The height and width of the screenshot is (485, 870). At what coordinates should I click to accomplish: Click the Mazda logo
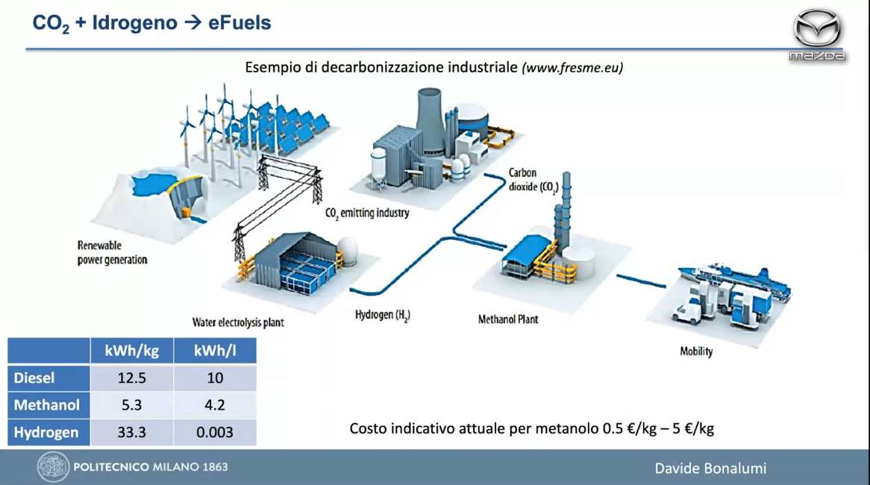(x=817, y=34)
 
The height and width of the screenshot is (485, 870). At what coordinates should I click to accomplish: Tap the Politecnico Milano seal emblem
(x=53, y=466)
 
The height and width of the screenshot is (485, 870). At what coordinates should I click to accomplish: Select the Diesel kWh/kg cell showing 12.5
(x=131, y=378)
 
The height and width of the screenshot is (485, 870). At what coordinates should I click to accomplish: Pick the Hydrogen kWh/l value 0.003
(x=215, y=432)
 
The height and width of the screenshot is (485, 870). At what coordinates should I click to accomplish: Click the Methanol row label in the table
(x=46, y=405)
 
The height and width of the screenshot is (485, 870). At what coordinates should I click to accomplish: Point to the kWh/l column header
(x=215, y=351)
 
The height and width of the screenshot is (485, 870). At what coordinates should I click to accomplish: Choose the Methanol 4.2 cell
(x=215, y=405)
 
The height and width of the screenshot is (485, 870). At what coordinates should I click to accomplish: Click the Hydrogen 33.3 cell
(x=131, y=432)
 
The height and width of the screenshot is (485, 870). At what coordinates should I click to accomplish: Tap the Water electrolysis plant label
(x=238, y=322)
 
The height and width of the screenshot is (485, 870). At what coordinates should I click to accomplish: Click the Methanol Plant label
(x=508, y=319)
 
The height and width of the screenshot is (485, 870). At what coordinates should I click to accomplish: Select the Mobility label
(x=696, y=351)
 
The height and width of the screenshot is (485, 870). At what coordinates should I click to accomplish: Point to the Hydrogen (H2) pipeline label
(x=382, y=315)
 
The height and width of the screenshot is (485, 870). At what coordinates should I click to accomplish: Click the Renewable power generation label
(x=112, y=252)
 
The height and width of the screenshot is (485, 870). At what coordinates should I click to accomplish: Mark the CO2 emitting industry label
(x=367, y=213)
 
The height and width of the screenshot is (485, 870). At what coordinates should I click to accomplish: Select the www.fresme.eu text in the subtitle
(x=572, y=68)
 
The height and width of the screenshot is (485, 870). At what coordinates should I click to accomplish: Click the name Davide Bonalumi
(x=710, y=469)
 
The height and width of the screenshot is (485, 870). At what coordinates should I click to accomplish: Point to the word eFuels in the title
(x=240, y=22)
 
